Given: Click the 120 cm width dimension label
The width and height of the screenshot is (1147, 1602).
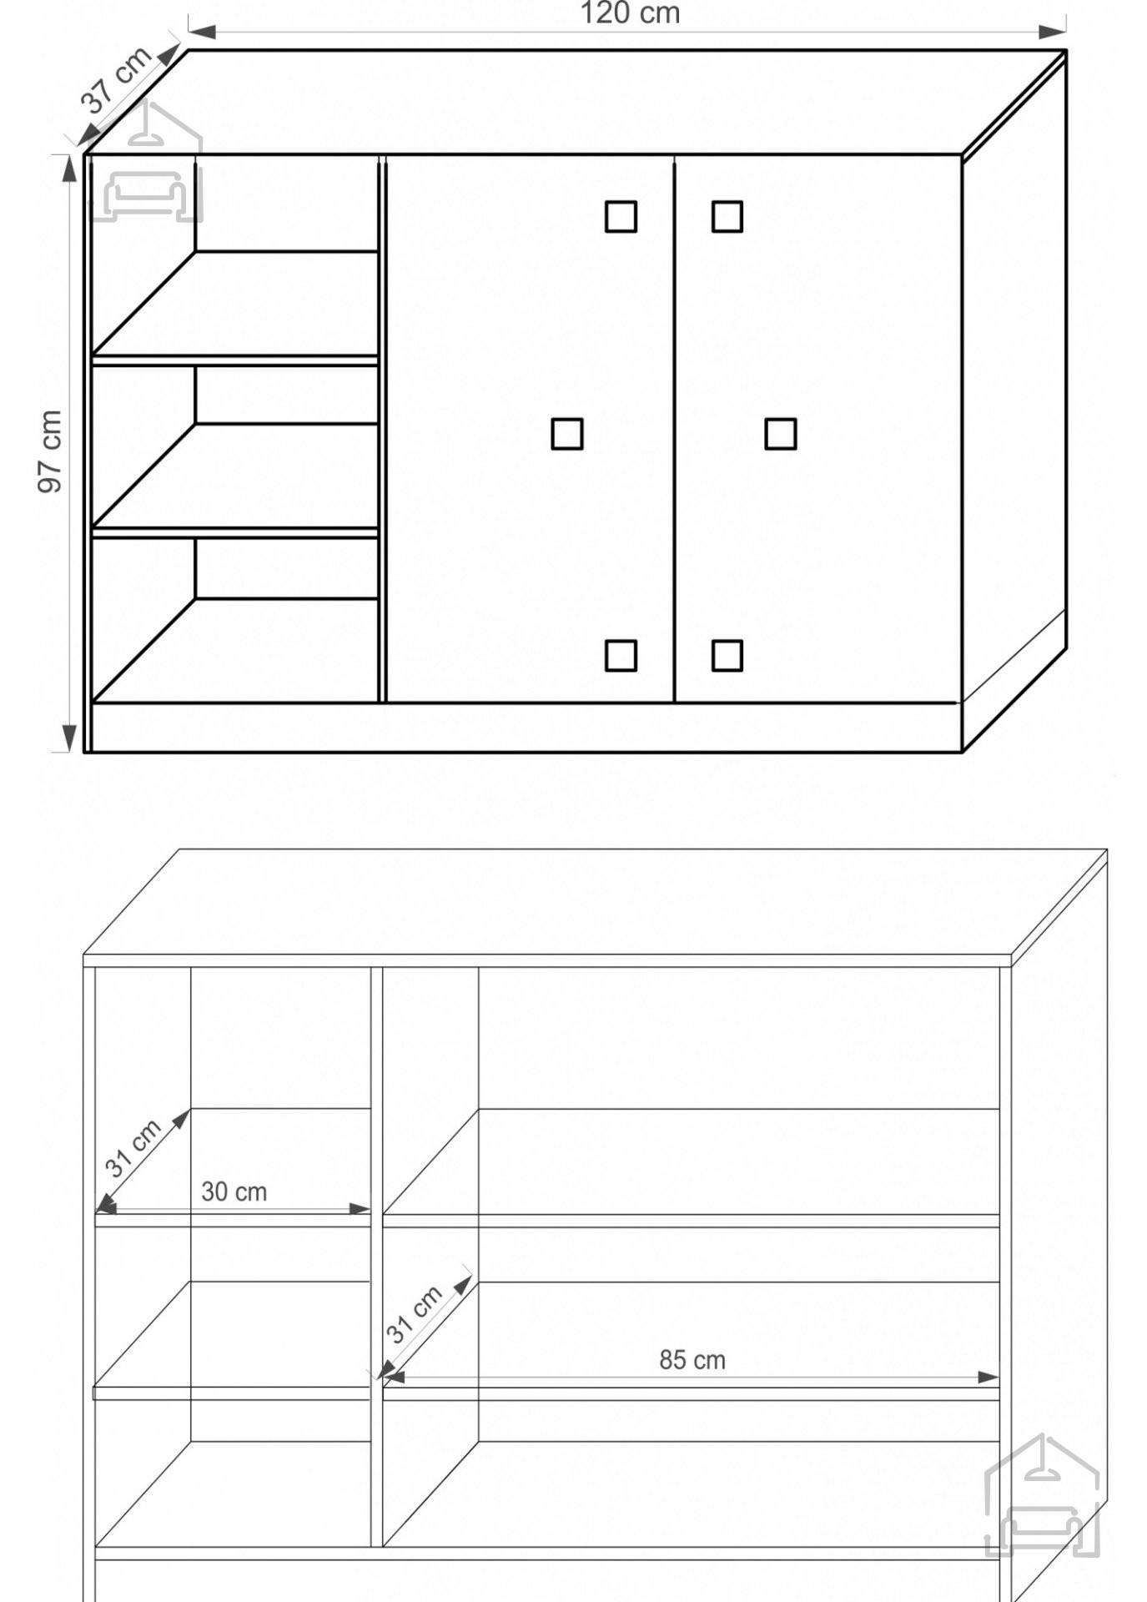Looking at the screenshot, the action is (630, 13).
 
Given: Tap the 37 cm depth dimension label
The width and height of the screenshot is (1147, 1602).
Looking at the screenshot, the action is (116, 78).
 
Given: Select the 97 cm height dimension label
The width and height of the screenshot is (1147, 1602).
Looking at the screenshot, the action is (50, 451).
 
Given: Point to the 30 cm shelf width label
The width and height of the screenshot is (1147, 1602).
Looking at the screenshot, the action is (234, 1191).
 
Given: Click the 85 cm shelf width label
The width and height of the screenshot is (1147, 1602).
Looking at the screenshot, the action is (692, 1360).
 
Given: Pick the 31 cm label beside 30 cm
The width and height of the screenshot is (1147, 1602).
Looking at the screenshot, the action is (133, 1148).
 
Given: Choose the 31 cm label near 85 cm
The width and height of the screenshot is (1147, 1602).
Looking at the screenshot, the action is (414, 1314).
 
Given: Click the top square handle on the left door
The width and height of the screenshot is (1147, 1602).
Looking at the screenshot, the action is (621, 216).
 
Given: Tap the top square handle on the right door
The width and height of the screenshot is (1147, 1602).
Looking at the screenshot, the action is (727, 216).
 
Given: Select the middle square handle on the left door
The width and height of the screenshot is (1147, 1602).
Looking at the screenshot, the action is (567, 434).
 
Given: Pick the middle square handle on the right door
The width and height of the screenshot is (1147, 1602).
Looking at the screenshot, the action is (781, 434).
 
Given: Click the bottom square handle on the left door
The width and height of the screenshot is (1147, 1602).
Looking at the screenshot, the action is (621, 656).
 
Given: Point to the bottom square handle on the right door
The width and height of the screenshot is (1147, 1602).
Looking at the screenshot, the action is (727, 656).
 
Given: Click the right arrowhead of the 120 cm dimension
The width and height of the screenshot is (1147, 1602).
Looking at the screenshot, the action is (1053, 32).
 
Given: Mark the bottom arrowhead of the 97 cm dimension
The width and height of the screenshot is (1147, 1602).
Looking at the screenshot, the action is (69, 738).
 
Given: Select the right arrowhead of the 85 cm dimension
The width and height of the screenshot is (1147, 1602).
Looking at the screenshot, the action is (988, 1378).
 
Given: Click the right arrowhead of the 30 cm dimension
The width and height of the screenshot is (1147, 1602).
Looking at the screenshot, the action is (360, 1208).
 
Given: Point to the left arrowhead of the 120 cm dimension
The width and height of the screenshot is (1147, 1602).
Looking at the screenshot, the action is (203, 32).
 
